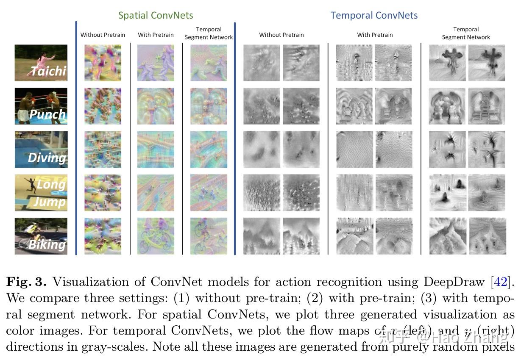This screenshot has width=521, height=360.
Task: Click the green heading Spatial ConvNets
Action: pos(156,16)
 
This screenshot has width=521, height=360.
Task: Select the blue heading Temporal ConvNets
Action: pos(374,16)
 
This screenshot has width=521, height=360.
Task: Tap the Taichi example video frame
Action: pos(41,63)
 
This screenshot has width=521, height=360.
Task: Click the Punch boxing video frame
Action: pos(41,106)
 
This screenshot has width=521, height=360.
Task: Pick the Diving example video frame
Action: pos(41,150)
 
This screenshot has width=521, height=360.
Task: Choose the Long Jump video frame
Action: pos(41,193)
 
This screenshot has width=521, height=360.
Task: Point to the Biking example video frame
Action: pos(41,236)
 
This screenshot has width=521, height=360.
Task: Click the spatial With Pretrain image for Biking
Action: pos(156,236)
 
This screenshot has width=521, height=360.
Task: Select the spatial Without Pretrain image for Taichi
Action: pos(103,63)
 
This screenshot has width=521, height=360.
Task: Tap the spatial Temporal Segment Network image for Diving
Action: pos(209,150)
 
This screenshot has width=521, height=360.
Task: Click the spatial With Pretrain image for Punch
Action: pos(156,106)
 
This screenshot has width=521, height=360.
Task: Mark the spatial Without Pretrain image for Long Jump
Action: pos(103,193)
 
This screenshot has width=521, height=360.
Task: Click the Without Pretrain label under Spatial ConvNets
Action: pos(103,35)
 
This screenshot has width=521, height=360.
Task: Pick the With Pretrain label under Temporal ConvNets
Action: pos(375,35)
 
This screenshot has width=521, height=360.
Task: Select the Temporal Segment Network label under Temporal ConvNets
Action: pos(466,33)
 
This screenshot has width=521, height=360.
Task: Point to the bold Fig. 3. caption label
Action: pos(26,282)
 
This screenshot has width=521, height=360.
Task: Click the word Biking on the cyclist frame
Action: pos(47,244)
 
